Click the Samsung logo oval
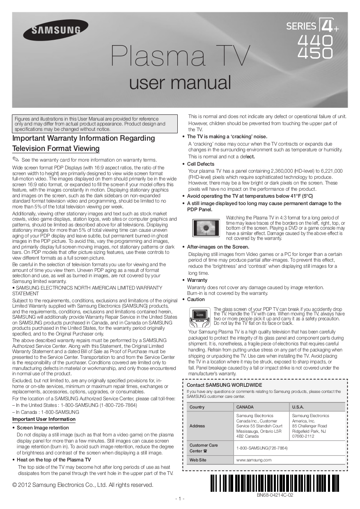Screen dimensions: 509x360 55,30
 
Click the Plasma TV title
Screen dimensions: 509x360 180,57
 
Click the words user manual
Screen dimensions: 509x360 180,82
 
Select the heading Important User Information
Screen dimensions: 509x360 44,419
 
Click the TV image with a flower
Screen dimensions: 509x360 207,228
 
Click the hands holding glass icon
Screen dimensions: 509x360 199,317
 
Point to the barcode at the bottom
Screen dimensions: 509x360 275,483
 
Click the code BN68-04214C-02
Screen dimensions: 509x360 275,495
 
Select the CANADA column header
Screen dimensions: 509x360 245,407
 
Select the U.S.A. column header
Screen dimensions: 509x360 298,407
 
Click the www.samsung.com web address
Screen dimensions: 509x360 254,460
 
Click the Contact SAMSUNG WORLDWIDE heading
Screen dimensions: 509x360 224,385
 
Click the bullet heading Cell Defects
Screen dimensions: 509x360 201,164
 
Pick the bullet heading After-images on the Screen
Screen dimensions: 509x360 218,247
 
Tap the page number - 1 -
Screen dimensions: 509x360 180,499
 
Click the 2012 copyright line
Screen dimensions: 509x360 83,485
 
